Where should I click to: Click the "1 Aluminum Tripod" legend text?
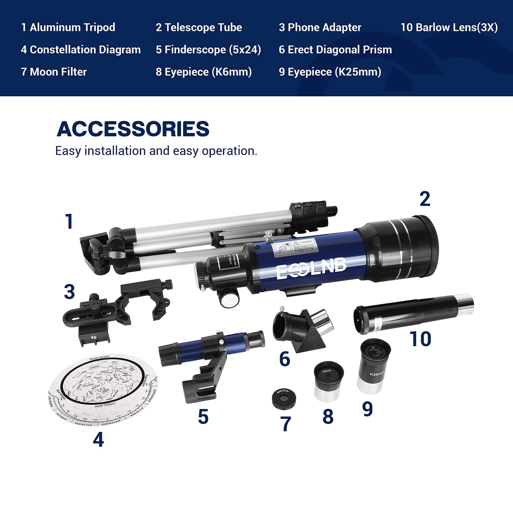tap(68, 27)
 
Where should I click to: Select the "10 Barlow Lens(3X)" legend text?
tap(449, 27)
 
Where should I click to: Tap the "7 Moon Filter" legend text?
tap(54, 72)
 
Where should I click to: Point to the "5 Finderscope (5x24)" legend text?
tap(208, 50)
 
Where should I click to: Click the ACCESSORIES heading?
tap(133, 129)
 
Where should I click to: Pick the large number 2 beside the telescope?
tap(425, 199)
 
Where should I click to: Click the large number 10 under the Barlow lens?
tap(420, 339)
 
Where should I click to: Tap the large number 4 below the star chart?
tap(98, 440)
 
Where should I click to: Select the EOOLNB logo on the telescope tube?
tap(311, 269)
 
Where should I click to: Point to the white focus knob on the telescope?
tap(228, 299)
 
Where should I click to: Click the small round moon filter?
tap(284, 398)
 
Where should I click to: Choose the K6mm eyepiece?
tap(328, 381)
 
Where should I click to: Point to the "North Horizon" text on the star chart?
tap(105, 405)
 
